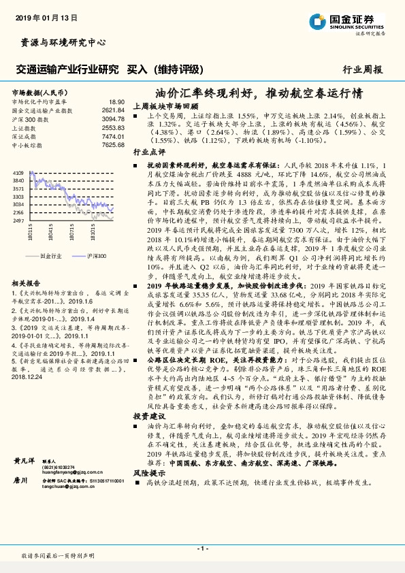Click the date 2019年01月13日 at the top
42,16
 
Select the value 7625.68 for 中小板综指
113,145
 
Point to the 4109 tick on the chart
20,174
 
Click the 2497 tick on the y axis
20,221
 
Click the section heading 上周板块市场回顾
165,106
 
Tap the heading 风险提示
149,472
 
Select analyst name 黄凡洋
26,461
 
